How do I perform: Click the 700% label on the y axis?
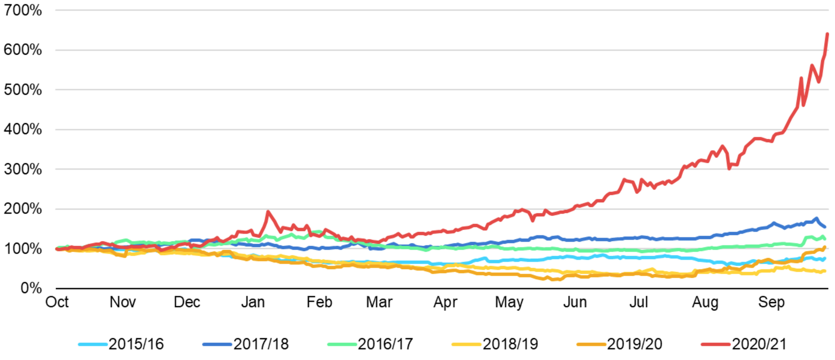pos(23,10)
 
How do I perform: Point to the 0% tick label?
pos(31,288)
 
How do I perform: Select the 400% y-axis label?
pos(23,129)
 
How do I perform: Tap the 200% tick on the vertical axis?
pos(23,209)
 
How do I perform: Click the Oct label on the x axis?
pos(57,302)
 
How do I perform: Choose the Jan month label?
pos(253,302)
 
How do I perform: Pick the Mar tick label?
pos(379,302)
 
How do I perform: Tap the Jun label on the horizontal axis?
pos(575,302)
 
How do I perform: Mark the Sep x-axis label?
pos(771,302)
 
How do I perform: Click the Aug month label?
pos(705,302)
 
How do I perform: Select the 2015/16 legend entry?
pos(136,344)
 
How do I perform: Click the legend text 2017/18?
pos(261,344)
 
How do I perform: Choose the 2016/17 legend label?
pos(385,344)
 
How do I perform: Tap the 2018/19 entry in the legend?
pos(510,344)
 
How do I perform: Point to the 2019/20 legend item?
pos(635,344)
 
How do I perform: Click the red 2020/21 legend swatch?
pos(715,344)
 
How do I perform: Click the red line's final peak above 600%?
pos(827,34)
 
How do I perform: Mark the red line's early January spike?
pos(268,211)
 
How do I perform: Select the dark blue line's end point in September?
pos(825,227)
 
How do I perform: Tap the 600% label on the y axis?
pos(23,50)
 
